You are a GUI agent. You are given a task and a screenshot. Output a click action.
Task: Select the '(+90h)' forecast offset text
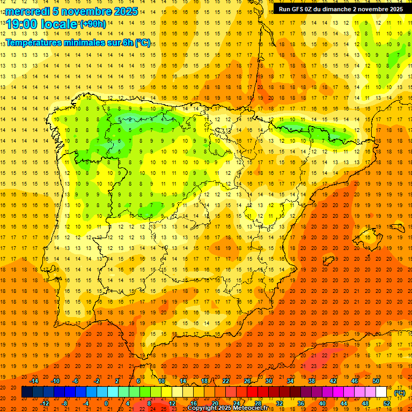click(x=93, y=24)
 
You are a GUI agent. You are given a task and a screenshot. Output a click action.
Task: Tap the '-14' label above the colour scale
click(x=35, y=380)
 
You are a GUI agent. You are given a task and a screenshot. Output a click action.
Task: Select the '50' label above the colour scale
click(x=376, y=380)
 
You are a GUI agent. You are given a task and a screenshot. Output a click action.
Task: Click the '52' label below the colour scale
click(x=387, y=403)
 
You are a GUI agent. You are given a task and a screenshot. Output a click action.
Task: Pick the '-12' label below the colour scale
click(x=46, y=403)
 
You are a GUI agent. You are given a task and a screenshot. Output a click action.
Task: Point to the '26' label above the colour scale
click(x=247, y=380)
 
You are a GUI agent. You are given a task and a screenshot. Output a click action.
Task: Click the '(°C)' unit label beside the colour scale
click(x=400, y=393)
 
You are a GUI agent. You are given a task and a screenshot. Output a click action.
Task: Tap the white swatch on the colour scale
click(x=381, y=392)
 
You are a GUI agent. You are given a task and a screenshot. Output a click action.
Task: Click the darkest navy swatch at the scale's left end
click(x=27, y=392)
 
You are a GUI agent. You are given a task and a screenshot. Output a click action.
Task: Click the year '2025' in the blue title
click(x=123, y=11)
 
